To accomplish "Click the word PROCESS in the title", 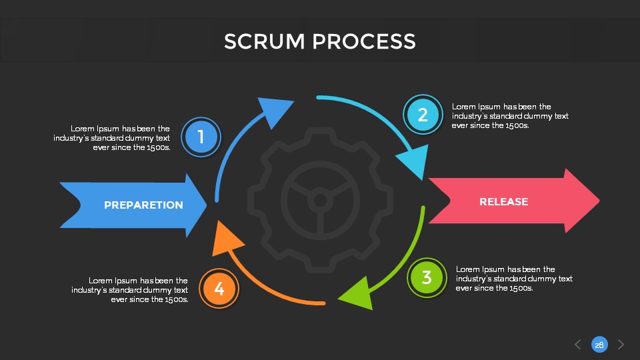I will point(365,41).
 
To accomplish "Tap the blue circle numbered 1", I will point(200,138).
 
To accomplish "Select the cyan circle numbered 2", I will point(423,115).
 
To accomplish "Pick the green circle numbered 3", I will point(427,277).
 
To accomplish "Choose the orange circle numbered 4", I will point(219,289).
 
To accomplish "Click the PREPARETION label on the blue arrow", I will point(143,205).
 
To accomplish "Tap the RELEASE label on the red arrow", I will point(503,202).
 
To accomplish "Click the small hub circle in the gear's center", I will point(320,200).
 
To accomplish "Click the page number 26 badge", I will point(599,345).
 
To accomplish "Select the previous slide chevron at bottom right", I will point(578,345).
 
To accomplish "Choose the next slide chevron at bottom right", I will point(621,345).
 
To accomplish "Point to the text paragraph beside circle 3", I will point(513,279).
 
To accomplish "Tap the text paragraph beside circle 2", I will point(509,115).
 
